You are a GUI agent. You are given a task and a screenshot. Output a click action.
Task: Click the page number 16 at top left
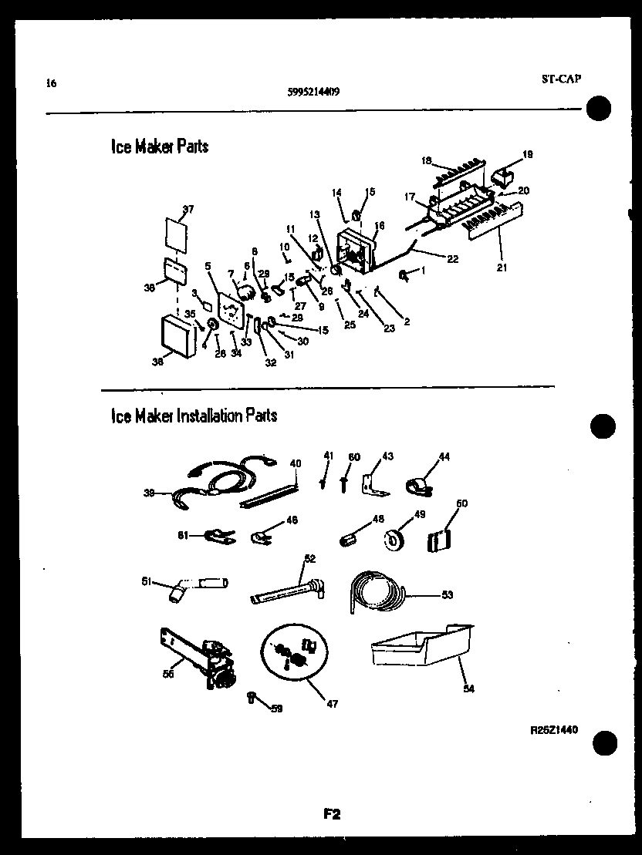tap(51, 83)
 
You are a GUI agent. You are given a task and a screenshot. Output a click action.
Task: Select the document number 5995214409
tap(314, 91)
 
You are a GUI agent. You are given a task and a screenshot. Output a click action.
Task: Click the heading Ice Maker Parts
tap(160, 146)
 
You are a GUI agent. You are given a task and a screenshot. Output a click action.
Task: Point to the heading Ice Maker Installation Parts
tap(194, 416)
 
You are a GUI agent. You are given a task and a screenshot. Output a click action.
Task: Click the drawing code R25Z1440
tap(554, 729)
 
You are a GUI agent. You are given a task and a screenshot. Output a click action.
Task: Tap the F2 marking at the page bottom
tap(333, 813)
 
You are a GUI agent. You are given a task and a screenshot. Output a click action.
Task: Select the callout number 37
tap(188, 209)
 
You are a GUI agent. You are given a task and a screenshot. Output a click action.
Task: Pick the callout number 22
tap(452, 258)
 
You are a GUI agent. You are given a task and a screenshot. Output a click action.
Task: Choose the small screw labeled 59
tap(252, 698)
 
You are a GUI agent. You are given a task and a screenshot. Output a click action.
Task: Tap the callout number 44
tap(444, 457)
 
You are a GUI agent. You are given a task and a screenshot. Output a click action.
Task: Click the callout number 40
tap(295, 463)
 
